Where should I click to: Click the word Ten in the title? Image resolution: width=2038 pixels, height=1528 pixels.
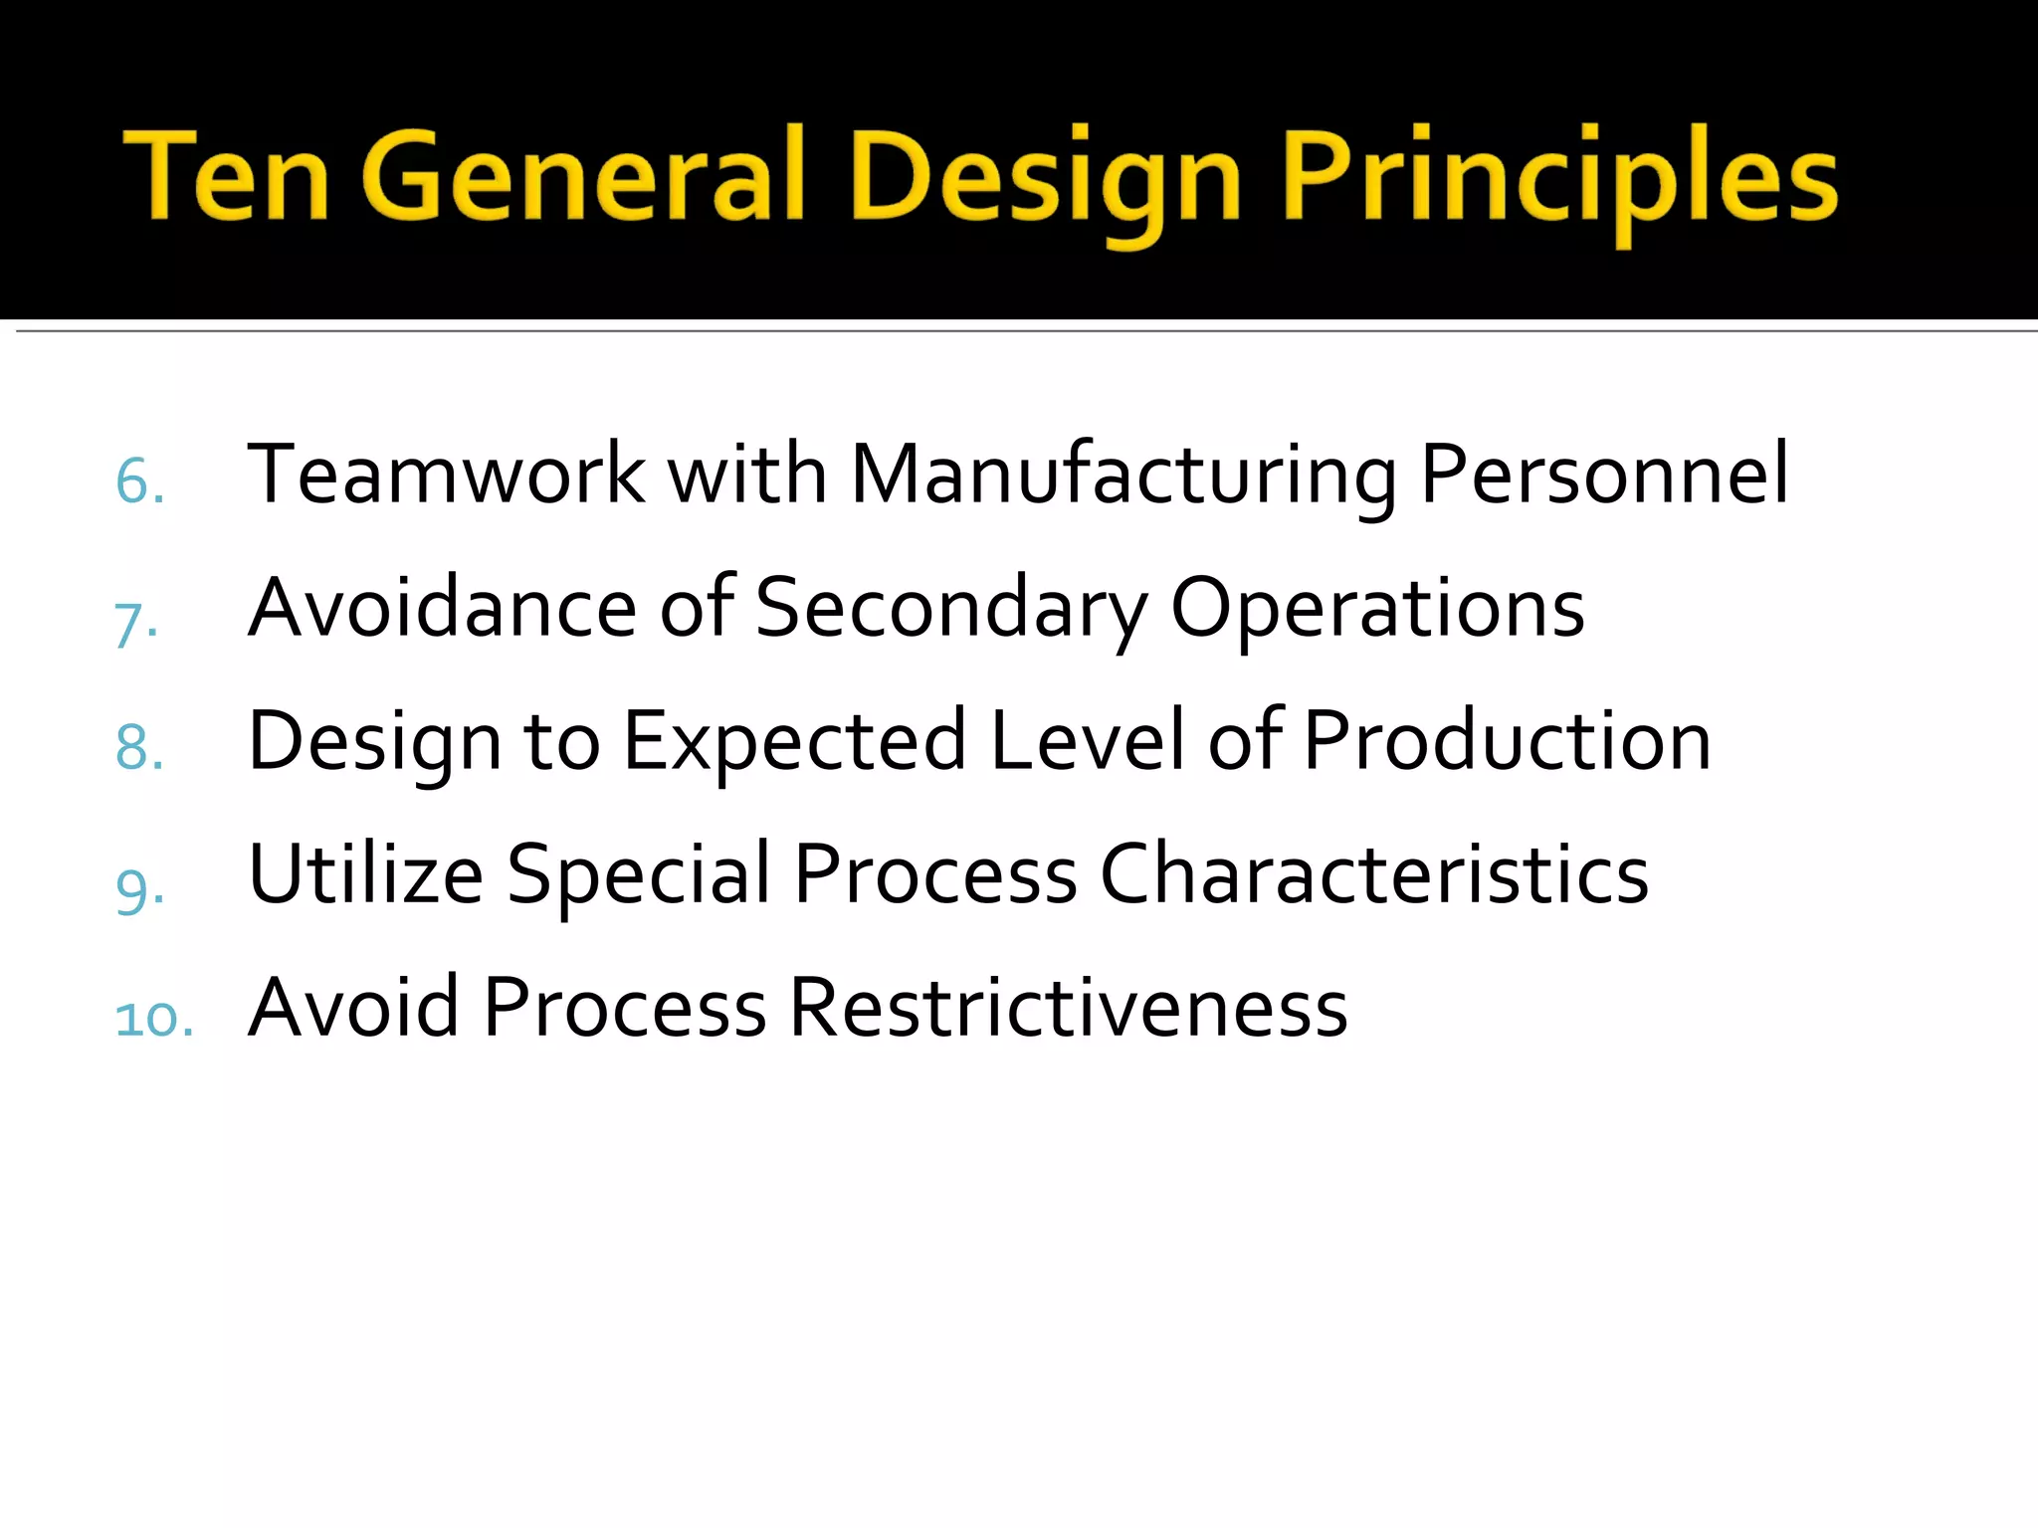[226, 175]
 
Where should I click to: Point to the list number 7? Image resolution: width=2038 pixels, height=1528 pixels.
[136, 625]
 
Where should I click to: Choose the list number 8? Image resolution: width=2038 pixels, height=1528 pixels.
[139, 748]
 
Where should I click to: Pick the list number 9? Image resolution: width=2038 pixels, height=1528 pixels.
[139, 887]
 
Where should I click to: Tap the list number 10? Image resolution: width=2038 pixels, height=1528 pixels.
[154, 1019]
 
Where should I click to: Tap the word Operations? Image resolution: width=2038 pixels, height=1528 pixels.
[1377, 609]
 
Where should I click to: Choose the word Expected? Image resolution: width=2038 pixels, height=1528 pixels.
[794, 742]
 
